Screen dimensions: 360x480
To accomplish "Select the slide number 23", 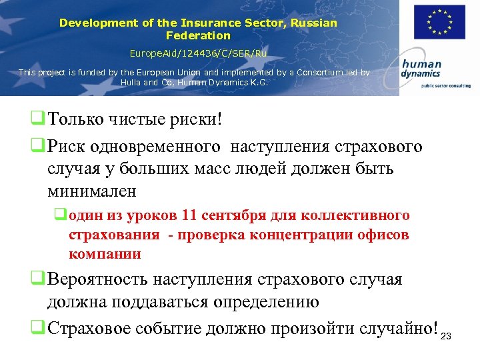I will (x=447, y=335).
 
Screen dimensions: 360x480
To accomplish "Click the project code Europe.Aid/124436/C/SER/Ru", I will (x=197, y=52).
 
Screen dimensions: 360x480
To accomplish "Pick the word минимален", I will (x=91, y=191).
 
